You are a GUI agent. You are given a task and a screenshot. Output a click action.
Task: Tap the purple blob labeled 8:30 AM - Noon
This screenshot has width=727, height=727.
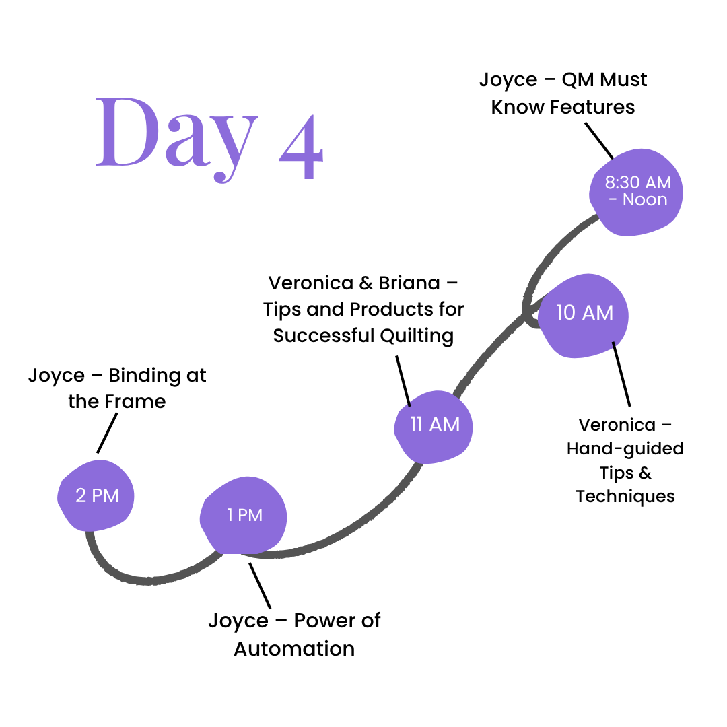click(635, 191)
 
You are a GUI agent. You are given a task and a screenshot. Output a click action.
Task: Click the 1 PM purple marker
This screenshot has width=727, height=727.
click(244, 516)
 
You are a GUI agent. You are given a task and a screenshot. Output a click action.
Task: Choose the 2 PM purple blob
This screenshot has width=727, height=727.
click(96, 496)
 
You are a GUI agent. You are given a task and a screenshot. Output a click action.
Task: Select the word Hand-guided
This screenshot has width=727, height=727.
click(625, 448)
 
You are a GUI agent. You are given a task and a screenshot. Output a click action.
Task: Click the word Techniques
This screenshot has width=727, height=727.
click(625, 497)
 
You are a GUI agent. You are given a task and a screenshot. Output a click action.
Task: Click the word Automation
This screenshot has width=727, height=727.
click(294, 648)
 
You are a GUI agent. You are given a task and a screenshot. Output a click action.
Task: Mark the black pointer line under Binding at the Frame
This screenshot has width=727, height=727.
click(108, 433)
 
